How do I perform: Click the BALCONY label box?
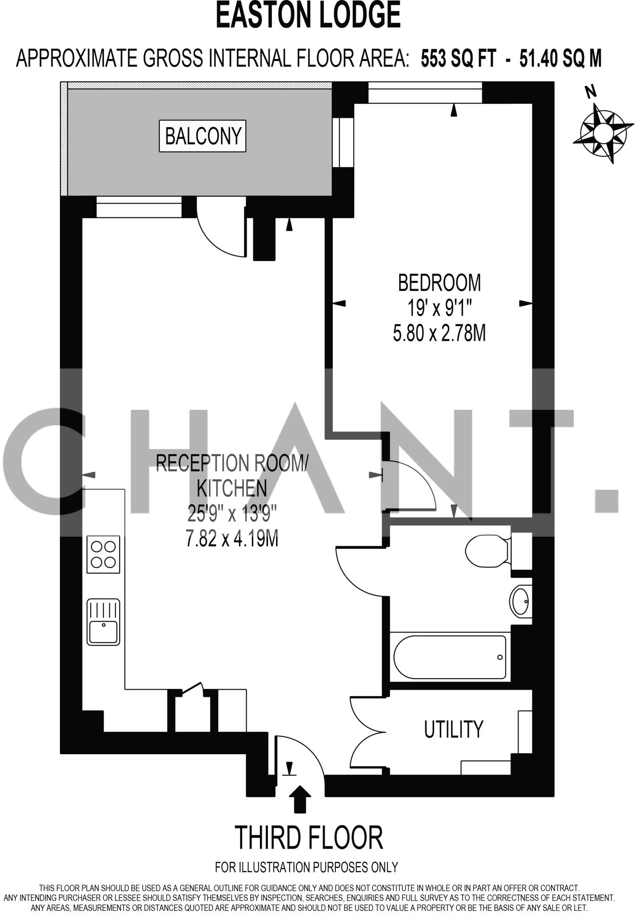(203, 136)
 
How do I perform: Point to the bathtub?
(450, 657)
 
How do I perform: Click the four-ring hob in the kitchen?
(104, 554)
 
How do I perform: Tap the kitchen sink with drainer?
(104, 622)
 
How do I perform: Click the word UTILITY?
(453, 730)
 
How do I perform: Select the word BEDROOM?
(439, 283)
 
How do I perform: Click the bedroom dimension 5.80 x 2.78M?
(439, 333)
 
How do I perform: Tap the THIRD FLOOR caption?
(309, 838)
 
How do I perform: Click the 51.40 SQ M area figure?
(560, 58)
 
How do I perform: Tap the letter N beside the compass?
(591, 92)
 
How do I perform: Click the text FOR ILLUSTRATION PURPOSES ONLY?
(306, 867)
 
